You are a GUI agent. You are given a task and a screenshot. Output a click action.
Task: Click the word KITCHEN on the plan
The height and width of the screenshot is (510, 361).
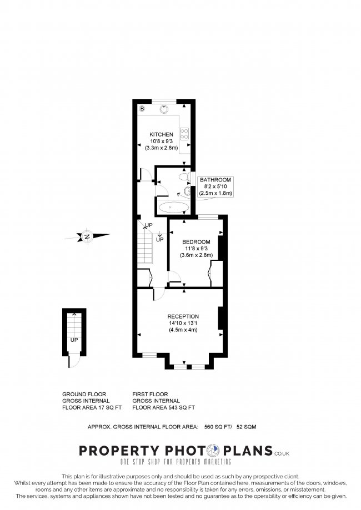tap(161, 135)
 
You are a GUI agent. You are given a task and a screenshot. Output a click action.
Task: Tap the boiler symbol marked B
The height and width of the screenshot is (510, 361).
tap(142, 108)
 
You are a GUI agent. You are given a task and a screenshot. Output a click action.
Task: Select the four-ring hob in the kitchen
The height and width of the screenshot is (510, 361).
tap(184, 134)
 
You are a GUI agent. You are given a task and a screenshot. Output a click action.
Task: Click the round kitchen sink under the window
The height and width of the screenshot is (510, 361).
tap(164, 109)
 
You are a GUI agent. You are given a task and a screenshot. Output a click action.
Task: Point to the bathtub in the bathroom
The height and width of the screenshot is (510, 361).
tap(173, 208)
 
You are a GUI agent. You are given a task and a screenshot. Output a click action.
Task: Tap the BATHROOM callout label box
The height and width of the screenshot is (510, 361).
tap(215, 186)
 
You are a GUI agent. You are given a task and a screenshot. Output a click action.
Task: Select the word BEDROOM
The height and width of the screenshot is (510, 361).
tap(196, 242)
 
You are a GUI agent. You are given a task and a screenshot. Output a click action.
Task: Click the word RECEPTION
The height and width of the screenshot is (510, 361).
tap(183, 317)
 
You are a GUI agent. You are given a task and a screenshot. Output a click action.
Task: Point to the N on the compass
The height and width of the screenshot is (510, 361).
tap(87, 237)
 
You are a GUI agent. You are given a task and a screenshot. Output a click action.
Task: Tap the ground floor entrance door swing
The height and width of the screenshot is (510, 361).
tap(71, 361)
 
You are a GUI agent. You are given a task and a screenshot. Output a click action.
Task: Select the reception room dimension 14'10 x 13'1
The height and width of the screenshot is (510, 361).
tap(183, 324)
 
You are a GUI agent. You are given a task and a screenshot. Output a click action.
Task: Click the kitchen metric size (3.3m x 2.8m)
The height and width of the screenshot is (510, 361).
tap(161, 148)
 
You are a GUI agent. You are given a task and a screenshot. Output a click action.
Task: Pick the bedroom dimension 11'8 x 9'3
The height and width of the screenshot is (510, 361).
tap(196, 249)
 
